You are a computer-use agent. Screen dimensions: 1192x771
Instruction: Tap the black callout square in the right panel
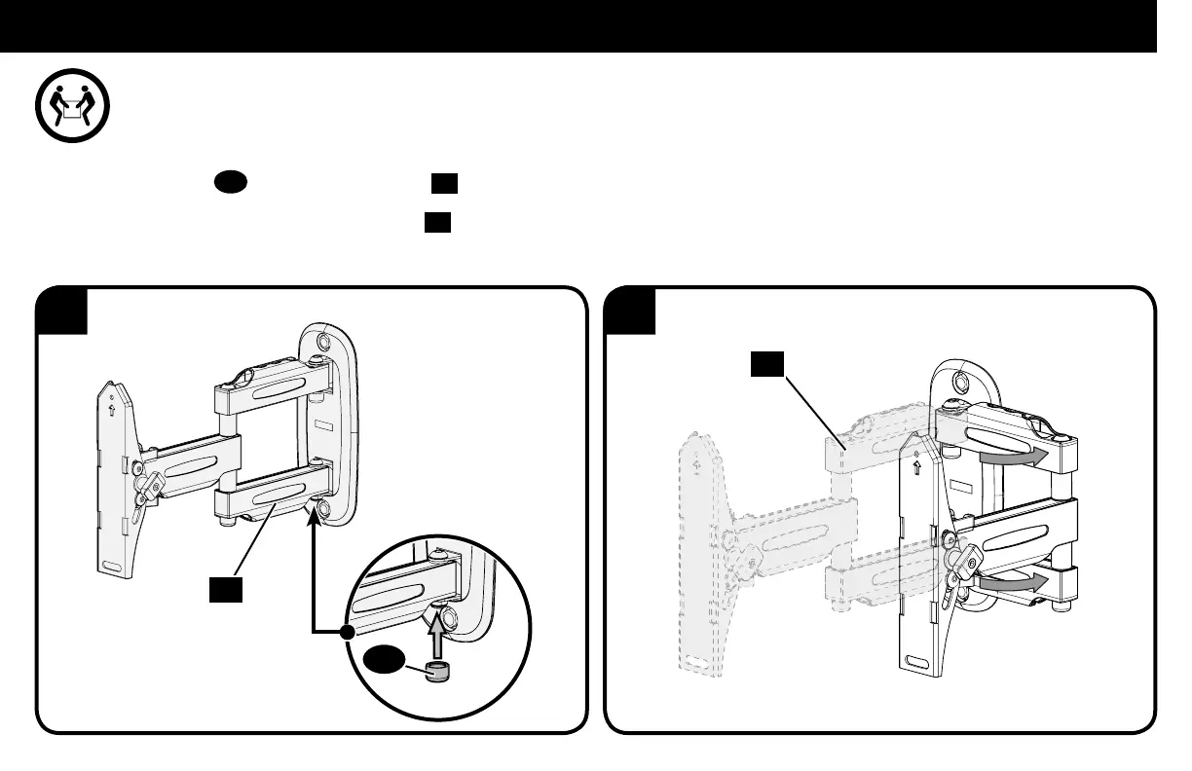click(x=766, y=366)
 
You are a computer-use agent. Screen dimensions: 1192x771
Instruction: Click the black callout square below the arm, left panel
click(x=227, y=589)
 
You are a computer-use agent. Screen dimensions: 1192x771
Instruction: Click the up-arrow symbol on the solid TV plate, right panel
click(x=916, y=465)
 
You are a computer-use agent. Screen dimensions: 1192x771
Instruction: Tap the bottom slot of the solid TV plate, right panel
click(x=917, y=663)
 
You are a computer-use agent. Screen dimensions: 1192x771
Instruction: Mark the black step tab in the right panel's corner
click(x=628, y=309)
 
